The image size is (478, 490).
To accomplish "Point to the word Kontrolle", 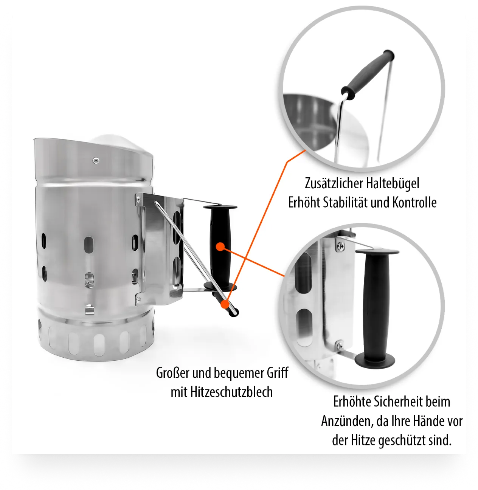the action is (414, 202).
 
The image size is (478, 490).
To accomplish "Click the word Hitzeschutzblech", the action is (231, 392).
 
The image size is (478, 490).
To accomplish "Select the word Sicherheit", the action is (399, 402).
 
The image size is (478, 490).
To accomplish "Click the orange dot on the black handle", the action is (220, 247).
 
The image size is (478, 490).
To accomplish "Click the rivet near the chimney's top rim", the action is (96, 160).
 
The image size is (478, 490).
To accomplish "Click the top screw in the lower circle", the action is (341, 246).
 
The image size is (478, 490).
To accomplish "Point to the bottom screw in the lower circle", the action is (340, 345).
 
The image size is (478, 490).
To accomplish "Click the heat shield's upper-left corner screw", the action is (138, 199).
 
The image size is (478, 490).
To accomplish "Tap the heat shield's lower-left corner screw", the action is (138, 299).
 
